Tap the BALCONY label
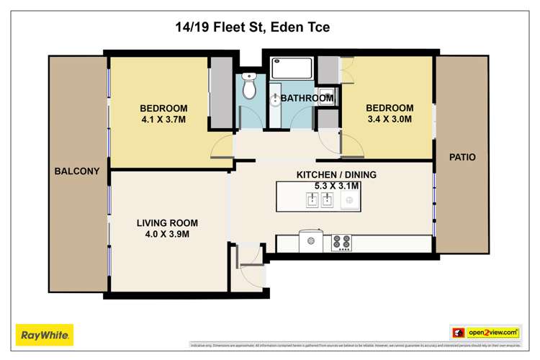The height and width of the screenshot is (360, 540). [76, 171]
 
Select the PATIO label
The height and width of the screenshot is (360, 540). [462, 157]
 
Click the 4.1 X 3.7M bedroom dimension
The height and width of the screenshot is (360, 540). [163, 120]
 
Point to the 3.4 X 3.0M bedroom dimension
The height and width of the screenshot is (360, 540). [389, 120]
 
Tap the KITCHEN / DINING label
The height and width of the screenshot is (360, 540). [336, 174]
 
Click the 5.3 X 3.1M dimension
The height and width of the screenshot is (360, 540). [336, 186]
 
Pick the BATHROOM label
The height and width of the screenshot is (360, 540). [307, 98]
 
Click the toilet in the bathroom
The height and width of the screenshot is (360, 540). [249, 87]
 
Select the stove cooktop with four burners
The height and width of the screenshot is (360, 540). [341, 243]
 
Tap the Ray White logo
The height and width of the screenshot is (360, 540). [45, 334]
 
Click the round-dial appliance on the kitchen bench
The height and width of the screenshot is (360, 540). [312, 241]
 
